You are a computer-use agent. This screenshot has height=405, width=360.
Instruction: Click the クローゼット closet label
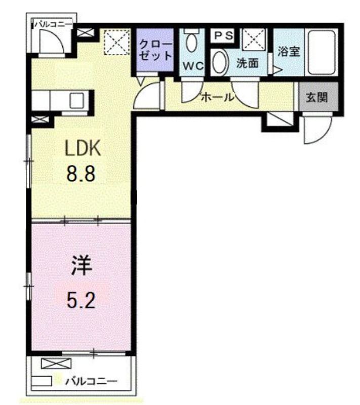(155, 50)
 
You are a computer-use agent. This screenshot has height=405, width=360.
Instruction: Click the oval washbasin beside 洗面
(219, 63)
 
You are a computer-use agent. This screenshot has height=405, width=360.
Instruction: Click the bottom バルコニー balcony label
(92, 381)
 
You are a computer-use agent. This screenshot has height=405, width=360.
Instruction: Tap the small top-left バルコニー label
(53, 23)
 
